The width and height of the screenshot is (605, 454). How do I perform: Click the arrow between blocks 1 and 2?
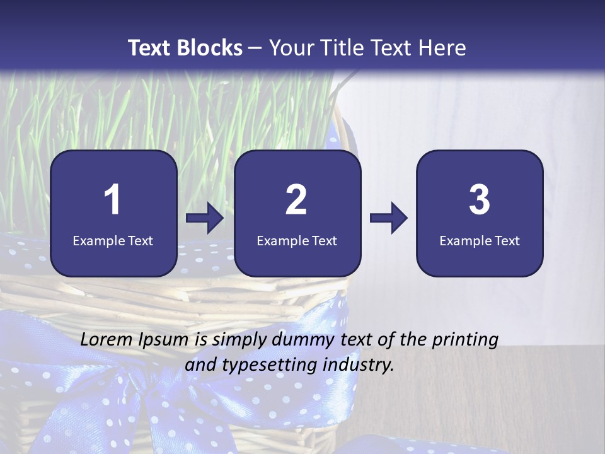(x=205, y=218)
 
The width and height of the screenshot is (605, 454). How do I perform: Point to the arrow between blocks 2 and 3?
(x=388, y=218)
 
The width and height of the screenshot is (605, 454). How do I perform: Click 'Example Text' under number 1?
(x=113, y=240)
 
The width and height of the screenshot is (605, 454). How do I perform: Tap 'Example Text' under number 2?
(x=297, y=240)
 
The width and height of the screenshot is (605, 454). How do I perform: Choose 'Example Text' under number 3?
(x=480, y=240)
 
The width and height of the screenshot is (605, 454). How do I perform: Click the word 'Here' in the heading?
(x=442, y=48)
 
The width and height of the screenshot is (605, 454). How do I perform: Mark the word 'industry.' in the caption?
(x=361, y=365)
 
